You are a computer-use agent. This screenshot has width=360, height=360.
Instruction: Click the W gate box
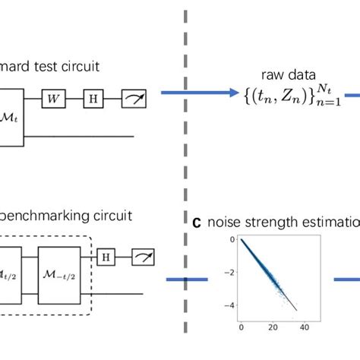click(x=53, y=98)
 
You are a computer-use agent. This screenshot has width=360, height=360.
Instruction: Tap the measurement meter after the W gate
click(x=133, y=98)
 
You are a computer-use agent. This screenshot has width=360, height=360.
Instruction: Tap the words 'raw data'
click(x=282, y=75)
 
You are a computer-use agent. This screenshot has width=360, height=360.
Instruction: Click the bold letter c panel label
click(x=197, y=223)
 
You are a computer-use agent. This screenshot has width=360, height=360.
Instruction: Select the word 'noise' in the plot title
click(x=226, y=223)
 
